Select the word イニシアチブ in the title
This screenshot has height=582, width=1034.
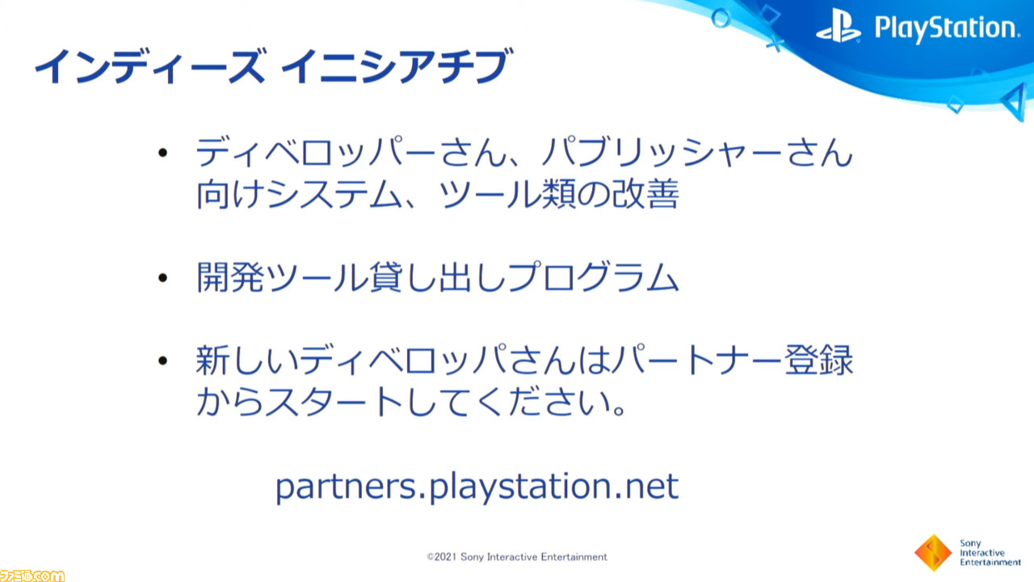397,66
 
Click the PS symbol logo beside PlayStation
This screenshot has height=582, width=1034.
839,27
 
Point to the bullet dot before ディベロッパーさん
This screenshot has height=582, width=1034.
162,153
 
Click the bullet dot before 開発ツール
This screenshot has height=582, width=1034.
162,277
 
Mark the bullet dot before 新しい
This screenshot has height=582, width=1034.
162,361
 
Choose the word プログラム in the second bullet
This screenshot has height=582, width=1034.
593,277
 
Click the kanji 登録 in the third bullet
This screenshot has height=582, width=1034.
818,361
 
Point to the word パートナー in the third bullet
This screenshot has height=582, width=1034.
697,361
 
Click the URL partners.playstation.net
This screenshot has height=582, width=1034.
477,487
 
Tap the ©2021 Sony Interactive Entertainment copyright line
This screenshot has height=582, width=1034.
517,557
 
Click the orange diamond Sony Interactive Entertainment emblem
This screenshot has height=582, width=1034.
933,552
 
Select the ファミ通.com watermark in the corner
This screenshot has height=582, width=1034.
32,576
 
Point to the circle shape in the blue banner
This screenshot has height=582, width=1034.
721,19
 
